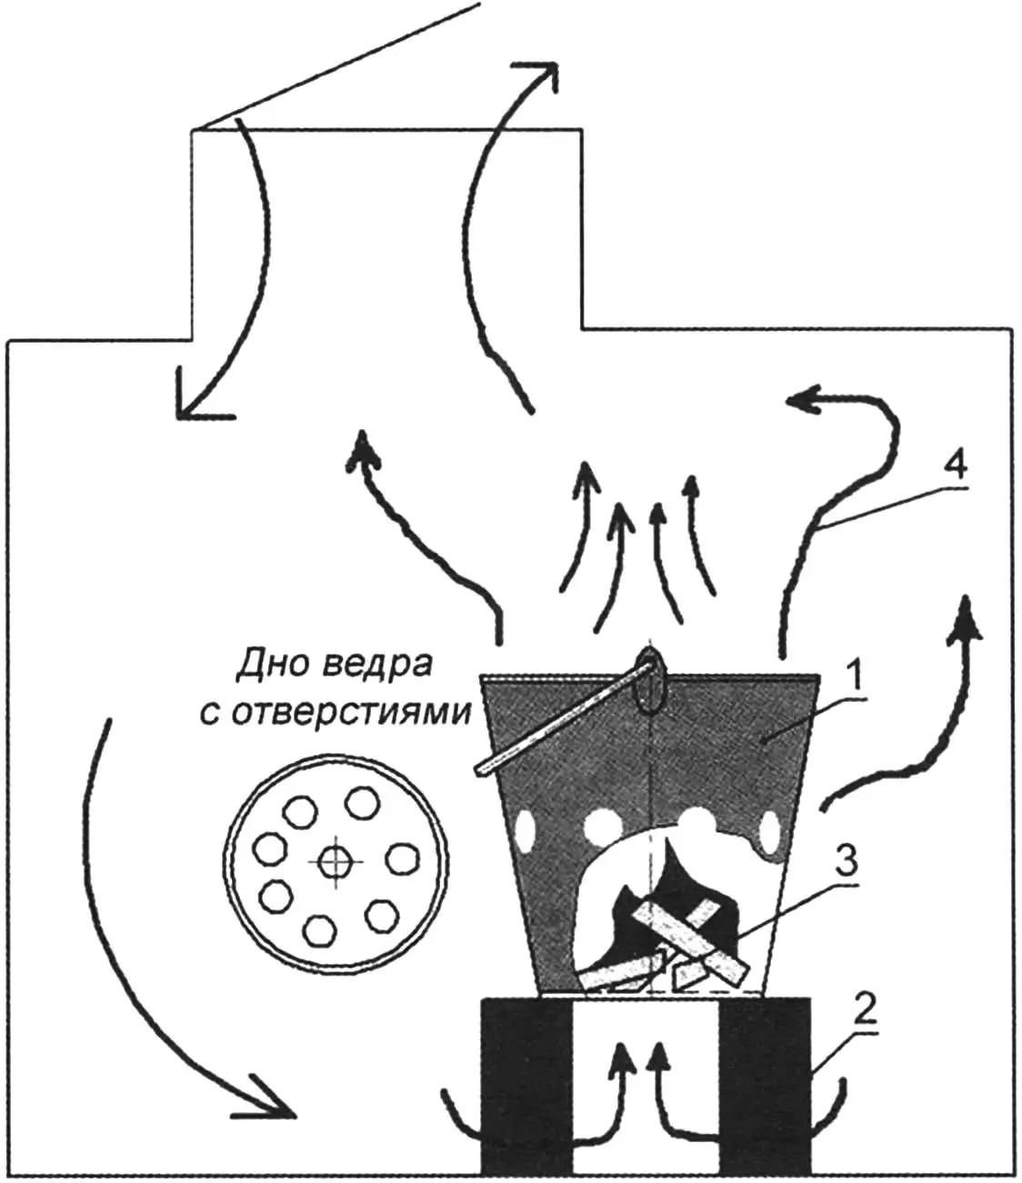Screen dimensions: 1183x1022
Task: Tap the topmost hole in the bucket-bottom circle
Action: [x=362, y=802]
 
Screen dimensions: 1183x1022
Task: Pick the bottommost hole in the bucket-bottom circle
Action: [x=318, y=930]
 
